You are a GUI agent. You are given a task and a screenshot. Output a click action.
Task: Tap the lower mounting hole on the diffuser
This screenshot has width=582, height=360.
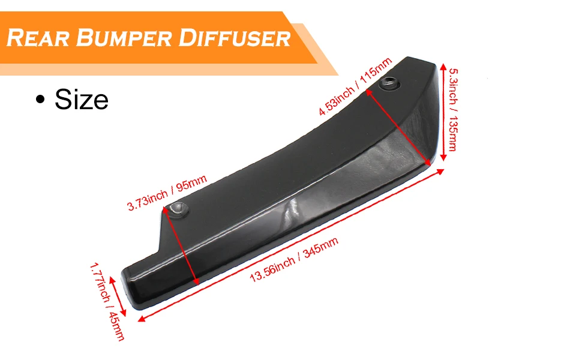pos(178,209)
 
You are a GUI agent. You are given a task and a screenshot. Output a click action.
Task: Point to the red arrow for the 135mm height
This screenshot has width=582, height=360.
pos(443,112)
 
